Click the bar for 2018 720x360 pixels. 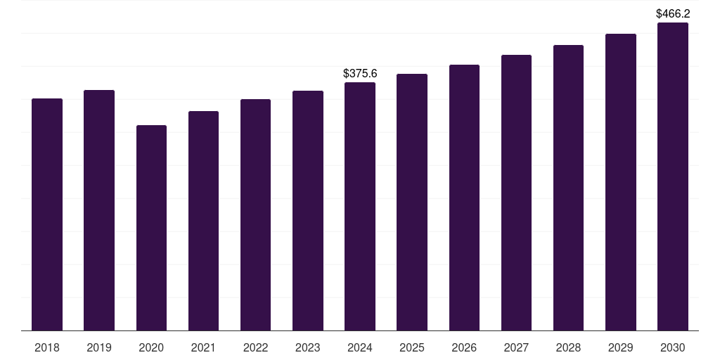(x=47, y=214)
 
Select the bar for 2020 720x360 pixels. (x=151, y=228)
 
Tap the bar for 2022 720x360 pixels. (x=255, y=214)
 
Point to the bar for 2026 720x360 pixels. (x=464, y=198)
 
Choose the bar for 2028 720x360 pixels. (x=568, y=188)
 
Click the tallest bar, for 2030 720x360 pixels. (x=673, y=176)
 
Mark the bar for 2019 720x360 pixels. (x=99, y=210)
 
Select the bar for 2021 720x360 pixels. (x=203, y=221)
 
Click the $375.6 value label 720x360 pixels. (x=360, y=73)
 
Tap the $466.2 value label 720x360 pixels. (x=673, y=13)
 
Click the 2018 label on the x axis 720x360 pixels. (x=47, y=347)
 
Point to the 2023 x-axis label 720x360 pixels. (x=308, y=347)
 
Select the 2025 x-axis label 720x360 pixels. (x=412, y=347)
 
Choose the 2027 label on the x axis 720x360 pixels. (x=516, y=347)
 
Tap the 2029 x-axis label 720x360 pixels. (x=621, y=347)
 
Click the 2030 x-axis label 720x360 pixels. (x=673, y=347)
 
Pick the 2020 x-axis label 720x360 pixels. (x=151, y=347)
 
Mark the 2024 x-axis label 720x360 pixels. (x=360, y=347)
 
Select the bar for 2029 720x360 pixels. (x=621, y=182)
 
